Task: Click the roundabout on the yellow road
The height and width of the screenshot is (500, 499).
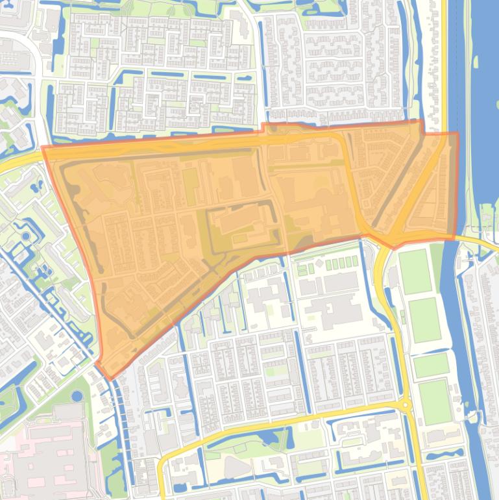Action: point(406,405)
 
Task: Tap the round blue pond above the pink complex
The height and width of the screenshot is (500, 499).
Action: point(77,395)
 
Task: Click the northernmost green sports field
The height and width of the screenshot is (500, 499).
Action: point(414,271)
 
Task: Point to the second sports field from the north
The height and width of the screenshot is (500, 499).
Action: point(425,320)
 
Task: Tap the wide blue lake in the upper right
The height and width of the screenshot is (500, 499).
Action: point(483,97)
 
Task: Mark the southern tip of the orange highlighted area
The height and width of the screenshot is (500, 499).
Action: point(109,377)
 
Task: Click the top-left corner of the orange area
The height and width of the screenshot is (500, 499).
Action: point(44,148)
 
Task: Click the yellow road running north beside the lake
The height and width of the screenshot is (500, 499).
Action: point(446,65)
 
